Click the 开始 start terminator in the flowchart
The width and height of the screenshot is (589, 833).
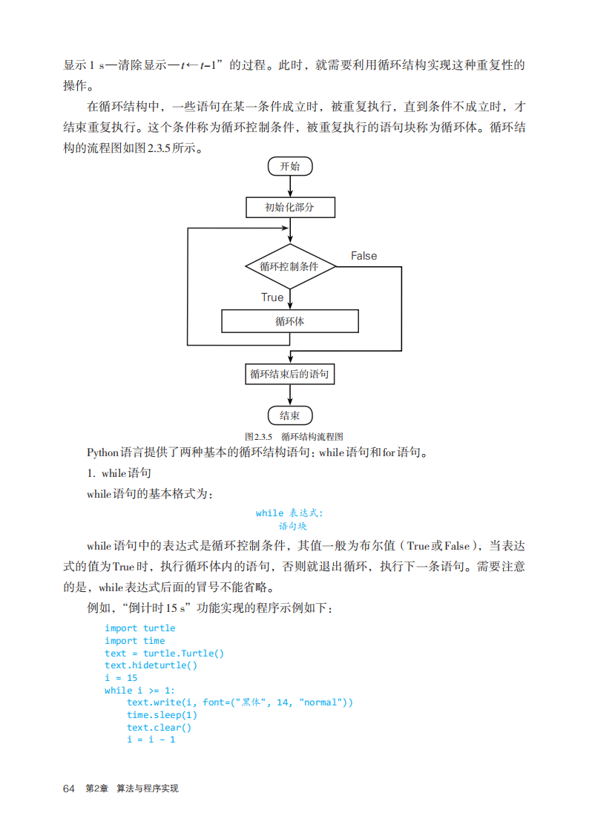click(290, 167)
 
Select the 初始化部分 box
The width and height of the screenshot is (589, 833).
click(290, 207)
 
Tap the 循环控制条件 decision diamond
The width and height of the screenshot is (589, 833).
click(290, 266)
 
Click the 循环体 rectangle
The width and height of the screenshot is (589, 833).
click(290, 321)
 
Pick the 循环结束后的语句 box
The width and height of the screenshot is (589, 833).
click(290, 375)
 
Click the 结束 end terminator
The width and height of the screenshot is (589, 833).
click(290, 415)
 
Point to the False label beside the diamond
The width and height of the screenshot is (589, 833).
click(363, 256)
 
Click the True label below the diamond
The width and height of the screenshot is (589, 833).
click(272, 297)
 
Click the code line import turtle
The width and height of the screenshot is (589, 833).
click(139, 628)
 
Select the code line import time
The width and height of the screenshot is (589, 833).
click(134, 641)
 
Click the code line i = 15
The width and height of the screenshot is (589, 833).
click(121, 678)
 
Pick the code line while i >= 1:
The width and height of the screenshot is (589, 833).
click(139, 691)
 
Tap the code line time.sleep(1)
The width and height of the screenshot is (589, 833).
click(162, 715)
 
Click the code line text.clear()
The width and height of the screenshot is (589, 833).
click(159, 728)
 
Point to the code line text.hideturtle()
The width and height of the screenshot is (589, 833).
click(151, 665)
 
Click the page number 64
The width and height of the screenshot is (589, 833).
click(70, 788)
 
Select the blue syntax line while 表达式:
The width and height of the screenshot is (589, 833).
click(290, 513)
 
